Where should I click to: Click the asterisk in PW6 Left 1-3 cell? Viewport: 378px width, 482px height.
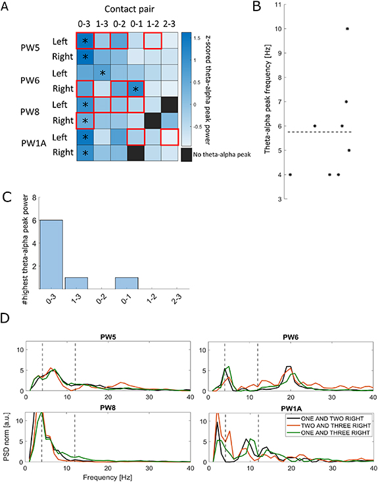(x=102, y=73)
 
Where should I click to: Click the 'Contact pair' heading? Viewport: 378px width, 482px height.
(x=119, y=10)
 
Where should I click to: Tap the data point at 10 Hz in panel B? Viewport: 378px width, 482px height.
(x=347, y=29)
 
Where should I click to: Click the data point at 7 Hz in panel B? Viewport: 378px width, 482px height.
(x=346, y=102)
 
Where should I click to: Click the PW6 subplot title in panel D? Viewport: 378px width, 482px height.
(x=289, y=336)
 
